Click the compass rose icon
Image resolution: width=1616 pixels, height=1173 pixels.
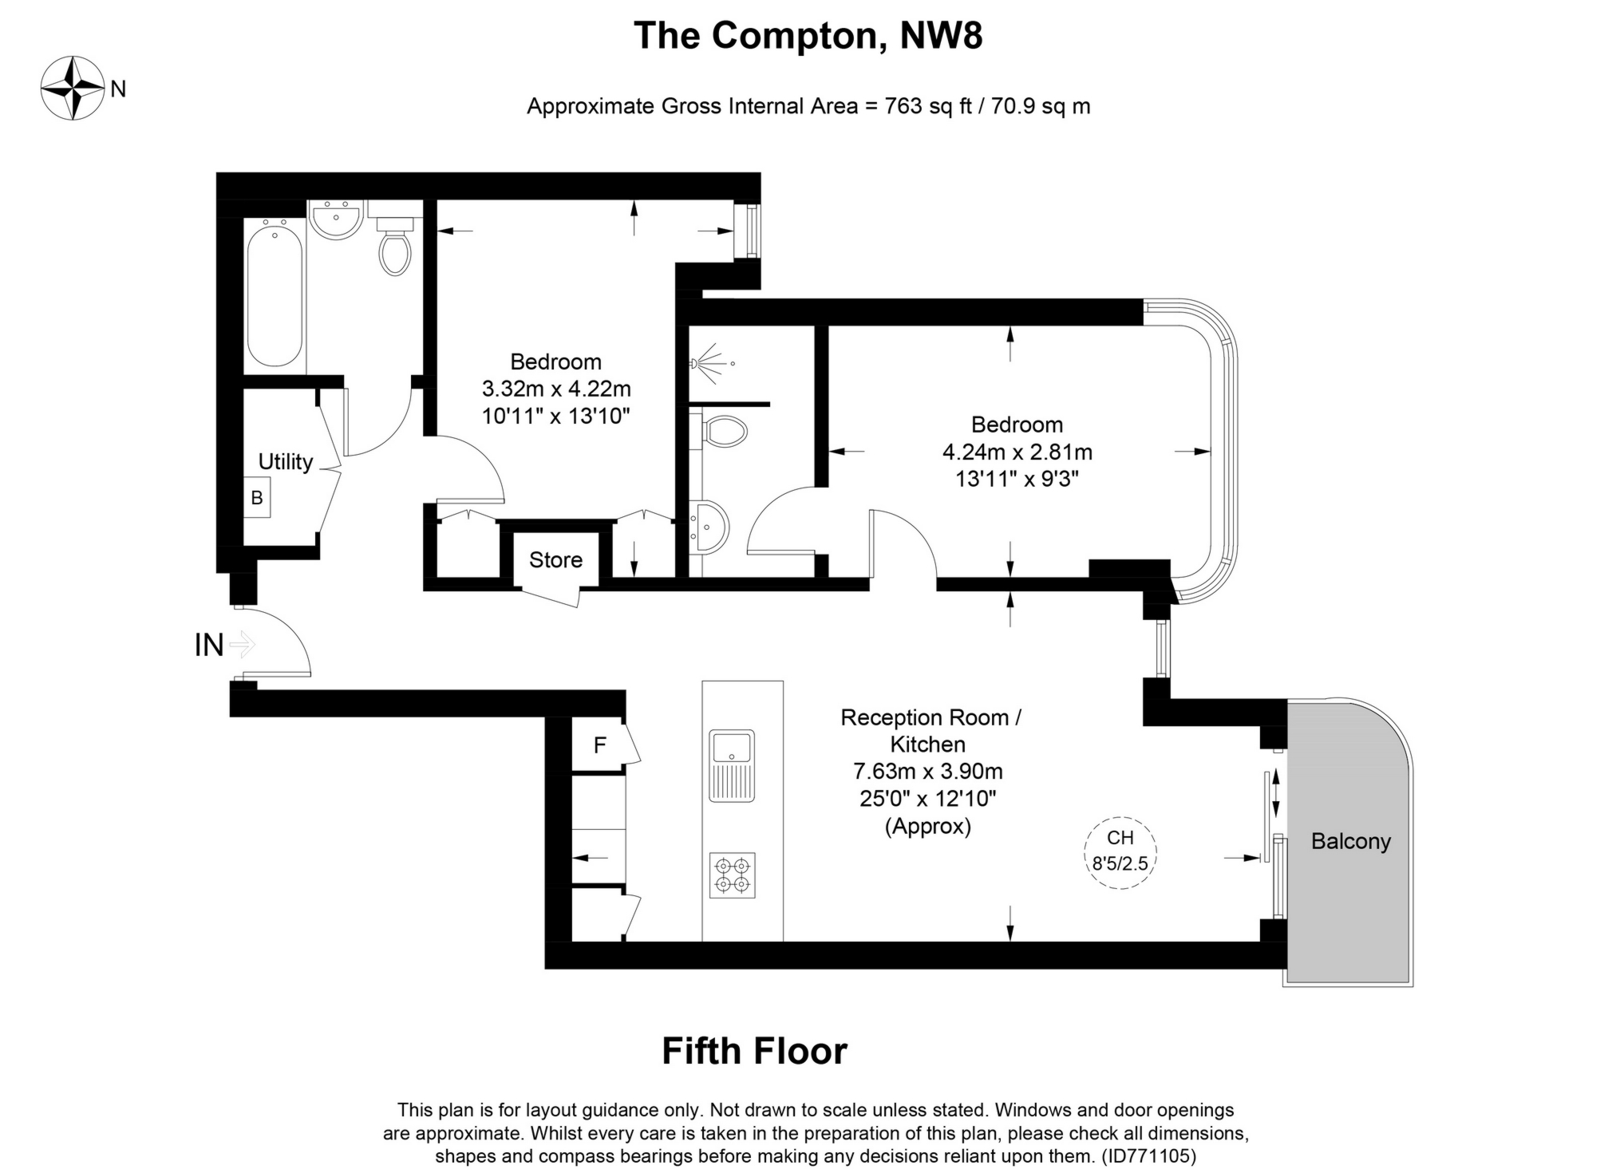73,88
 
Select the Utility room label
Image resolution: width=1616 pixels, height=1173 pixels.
285,462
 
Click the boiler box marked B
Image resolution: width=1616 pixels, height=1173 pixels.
257,498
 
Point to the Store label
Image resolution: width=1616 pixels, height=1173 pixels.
555,560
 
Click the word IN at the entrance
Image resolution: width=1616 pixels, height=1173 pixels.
209,645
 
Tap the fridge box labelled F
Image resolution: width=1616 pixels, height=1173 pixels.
599,745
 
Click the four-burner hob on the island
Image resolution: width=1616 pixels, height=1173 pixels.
732,875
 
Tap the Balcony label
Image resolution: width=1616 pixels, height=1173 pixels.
1350,841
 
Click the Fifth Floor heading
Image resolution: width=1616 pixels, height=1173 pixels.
754,1051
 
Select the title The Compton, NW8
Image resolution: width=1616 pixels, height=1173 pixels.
808,35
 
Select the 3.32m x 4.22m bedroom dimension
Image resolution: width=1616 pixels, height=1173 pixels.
556,389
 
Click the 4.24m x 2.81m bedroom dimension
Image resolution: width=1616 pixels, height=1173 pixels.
1017,452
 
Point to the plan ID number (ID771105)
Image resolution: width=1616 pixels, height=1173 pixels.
1148,1155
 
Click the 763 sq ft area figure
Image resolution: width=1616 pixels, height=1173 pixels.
928,106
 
